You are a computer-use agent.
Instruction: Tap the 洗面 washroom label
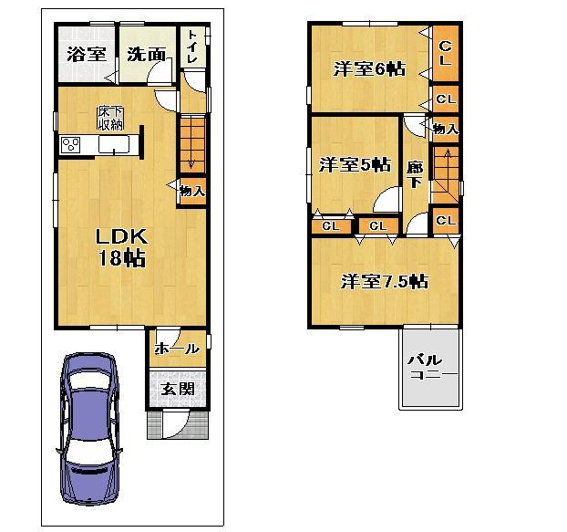[146, 55]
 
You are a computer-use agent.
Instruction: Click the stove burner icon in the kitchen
[71, 145]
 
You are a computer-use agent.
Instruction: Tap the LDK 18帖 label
[121, 246]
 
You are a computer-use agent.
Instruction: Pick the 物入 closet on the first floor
[191, 191]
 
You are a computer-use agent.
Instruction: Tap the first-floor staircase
[191, 141]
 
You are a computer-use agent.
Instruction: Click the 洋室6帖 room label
[367, 68]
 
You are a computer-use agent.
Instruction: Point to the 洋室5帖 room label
[355, 165]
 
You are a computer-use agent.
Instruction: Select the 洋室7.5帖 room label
[384, 281]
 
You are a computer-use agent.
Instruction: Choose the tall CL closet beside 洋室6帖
[444, 54]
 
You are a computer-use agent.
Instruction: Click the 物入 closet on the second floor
[445, 130]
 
